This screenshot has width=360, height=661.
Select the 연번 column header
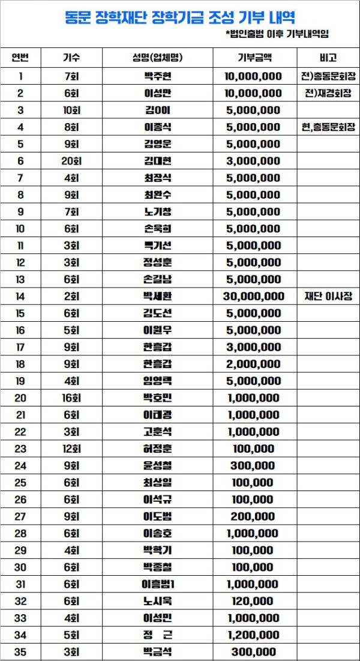(21, 58)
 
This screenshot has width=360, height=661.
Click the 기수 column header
(71, 58)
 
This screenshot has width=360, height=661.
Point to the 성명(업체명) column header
(157, 58)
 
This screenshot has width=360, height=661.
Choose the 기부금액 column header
(254, 58)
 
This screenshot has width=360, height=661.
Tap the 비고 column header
(328, 58)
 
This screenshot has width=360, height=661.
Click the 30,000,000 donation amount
(253, 297)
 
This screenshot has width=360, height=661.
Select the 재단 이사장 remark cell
(328, 297)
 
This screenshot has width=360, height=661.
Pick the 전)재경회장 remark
(328, 93)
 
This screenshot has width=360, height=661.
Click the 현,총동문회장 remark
(328, 127)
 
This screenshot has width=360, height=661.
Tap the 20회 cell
(71, 161)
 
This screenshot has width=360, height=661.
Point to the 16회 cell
(71, 398)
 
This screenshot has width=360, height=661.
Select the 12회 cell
(71, 449)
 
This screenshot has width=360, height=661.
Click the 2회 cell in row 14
(71, 297)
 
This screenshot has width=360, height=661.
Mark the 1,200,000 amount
(253, 635)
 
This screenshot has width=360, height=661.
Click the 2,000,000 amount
(253, 364)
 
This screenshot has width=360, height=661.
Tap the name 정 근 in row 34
(158, 635)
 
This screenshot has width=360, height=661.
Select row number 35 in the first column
(21, 652)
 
